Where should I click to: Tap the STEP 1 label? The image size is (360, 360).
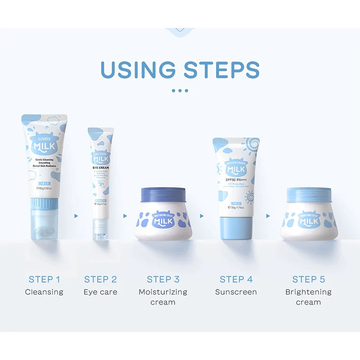tap(44, 279)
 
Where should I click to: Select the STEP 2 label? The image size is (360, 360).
tap(100, 279)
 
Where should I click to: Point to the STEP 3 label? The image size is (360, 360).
tap(163, 279)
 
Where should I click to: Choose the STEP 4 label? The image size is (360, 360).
tap(236, 279)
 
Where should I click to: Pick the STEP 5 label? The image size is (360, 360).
tap(308, 279)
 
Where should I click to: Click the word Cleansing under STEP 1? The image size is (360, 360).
tap(44, 292)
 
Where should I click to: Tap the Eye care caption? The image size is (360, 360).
tap(100, 292)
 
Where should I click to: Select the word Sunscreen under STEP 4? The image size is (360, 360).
tap(236, 292)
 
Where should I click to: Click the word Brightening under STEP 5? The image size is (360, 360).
tap(308, 292)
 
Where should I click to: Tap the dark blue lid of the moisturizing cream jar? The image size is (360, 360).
tap(163, 196)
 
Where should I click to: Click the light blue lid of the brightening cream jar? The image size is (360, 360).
tap(309, 195)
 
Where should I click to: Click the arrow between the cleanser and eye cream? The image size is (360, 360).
tap(76, 216)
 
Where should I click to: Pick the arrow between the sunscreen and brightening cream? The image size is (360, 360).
tap(268, 216)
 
